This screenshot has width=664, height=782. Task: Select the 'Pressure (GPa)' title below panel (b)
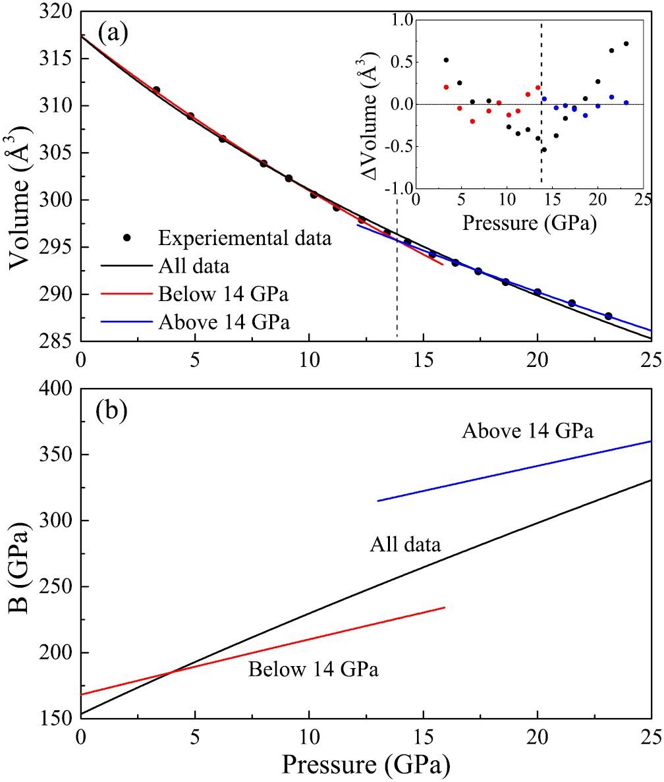(366, 764)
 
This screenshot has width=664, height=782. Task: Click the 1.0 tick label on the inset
(396, 20)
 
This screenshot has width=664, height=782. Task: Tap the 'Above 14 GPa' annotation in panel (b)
(528, 432)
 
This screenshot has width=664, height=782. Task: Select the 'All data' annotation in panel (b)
(405, 544)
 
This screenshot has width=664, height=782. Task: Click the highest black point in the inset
(626, 44)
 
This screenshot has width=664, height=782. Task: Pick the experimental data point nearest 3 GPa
(156, 90)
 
